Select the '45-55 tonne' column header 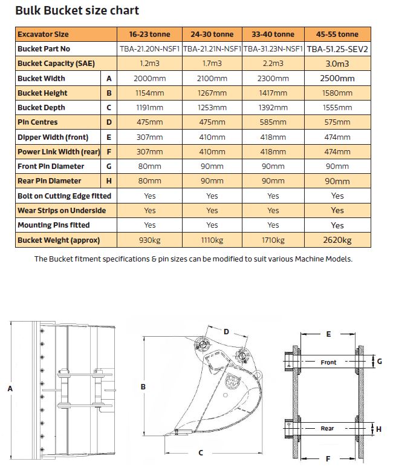(338, 35)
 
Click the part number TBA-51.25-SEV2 (338, 49)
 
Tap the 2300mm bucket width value (273, 78)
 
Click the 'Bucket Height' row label (42, 93)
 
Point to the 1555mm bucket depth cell (338, 108)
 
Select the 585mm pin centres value (273, 122)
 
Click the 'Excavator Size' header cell (44, 35)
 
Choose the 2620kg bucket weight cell (338, 240)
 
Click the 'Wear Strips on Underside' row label (62, 211)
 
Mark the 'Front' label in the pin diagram (328, 362)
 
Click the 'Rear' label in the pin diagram (327, 429)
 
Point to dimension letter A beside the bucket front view (10, 389)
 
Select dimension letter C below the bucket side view (201, 452)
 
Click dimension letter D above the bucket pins (226, 331)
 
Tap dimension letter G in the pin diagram (380, 362)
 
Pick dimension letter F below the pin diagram (328, 458)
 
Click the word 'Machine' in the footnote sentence (308, 259)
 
